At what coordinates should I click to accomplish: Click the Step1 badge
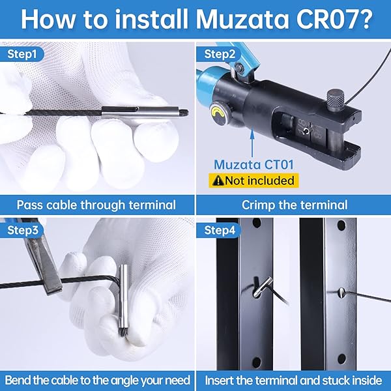point(22,54)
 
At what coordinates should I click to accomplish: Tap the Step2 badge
point(219,54)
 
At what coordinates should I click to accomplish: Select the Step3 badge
point(22,230)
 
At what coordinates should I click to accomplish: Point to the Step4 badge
point(219,230)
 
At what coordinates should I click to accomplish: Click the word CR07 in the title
point(332,19)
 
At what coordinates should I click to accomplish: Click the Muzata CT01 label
point(253,165)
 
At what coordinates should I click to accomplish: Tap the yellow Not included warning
point(253,181)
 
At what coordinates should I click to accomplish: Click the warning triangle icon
point(218,181)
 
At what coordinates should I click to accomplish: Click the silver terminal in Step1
point(140,111)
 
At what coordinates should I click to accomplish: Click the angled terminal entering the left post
point(263,287)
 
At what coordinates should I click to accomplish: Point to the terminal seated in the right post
point(341,292)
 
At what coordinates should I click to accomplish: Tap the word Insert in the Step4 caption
point(219,381)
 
